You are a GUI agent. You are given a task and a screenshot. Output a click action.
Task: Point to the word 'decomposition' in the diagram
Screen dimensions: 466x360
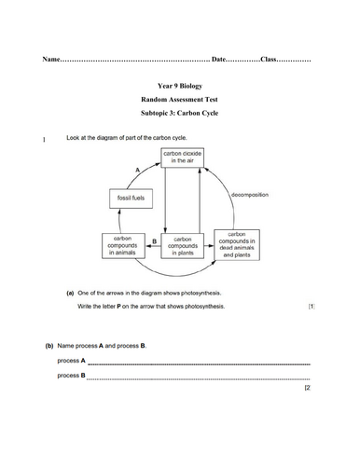(x=249, y=195)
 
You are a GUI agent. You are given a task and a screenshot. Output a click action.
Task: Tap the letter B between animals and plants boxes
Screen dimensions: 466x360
(x=153, y=240)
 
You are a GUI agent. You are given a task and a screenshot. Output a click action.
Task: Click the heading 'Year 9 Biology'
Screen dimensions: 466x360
(x=181, y=93)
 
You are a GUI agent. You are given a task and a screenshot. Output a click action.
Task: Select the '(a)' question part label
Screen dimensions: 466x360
(x=71, y=292)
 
